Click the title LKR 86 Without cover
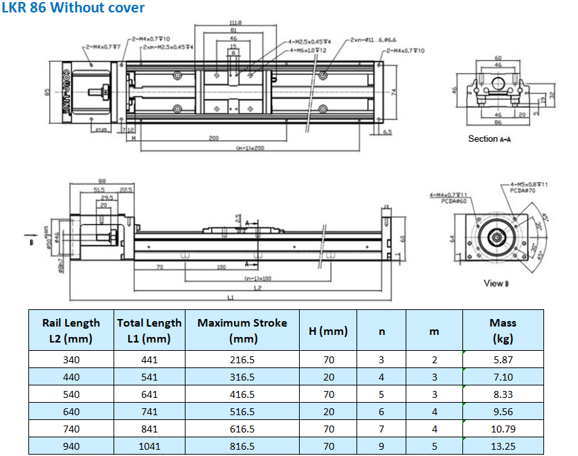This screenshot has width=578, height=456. tap(74, 8)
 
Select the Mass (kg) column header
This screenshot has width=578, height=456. tap(503, 331)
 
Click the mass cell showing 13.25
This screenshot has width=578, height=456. tap(503, 446)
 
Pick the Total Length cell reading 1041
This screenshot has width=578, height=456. tap(149, 446)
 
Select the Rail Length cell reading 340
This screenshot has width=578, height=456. tap(71, 360)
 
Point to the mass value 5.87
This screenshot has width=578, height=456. tap(503, 360)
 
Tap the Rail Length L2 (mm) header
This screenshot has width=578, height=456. tap(71, 331)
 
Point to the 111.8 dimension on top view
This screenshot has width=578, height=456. tap(235, 24)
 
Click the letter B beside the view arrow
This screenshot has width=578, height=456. tap(30, 244)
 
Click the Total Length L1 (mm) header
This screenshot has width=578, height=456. tap(149, 331)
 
